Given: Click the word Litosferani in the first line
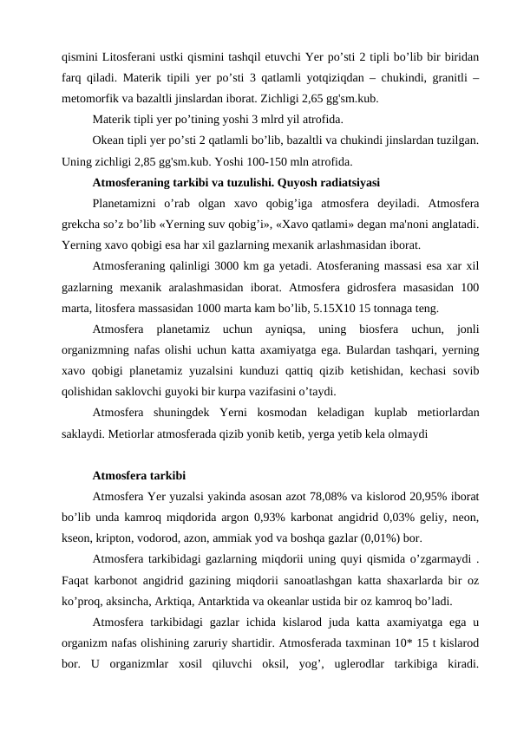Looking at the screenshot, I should (129, 57).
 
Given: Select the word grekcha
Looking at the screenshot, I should (84, 225).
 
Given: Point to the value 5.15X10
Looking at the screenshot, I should (344, 308).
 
